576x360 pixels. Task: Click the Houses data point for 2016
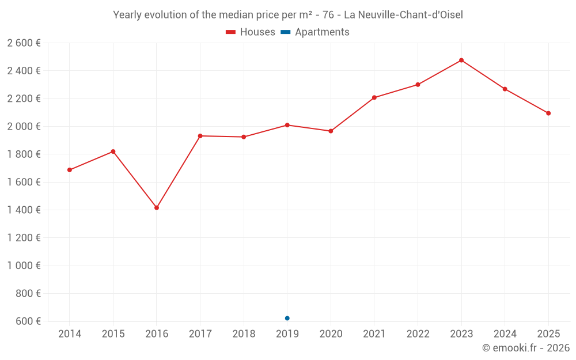[157, 207]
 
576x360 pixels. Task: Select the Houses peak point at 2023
[461, 60]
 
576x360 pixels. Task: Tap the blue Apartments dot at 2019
[287, 318]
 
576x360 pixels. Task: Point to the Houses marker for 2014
[70, 170]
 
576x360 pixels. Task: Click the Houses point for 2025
[548, 113]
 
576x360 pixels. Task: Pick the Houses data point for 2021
[374, 97]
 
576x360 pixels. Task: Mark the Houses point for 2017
[200, 136]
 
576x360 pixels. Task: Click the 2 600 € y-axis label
[24, 43]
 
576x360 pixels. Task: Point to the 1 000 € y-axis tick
[24, 266]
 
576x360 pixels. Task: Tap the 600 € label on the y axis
[27, 321]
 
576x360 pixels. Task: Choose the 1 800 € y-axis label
[24, 154]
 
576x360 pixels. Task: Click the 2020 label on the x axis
[331, 334]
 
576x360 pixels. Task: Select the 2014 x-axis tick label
[70, 334]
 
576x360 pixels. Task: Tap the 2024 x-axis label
[505, 334]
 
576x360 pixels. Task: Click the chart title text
[288, 15]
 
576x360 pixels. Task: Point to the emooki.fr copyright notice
[525, 348]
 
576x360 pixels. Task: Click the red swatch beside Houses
[231, 32]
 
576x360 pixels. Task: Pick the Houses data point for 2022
[418, 85]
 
